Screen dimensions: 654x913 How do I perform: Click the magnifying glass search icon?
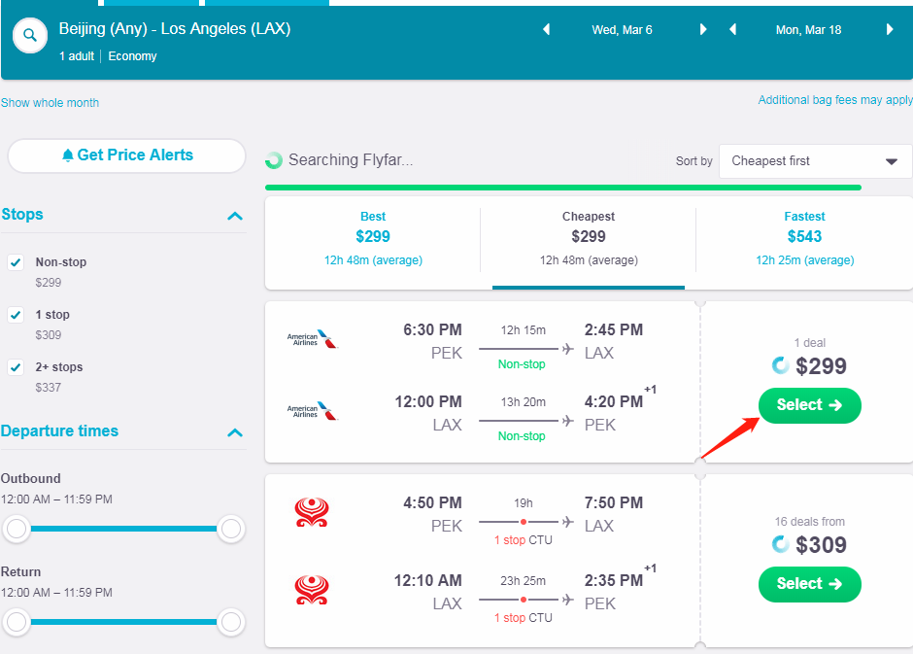click(30, 36)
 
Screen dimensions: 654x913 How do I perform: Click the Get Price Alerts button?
click(126, 155)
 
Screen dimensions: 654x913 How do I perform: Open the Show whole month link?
click(50, 103)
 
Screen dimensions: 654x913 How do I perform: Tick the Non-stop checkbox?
click(16, 262)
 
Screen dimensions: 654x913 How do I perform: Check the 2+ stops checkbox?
click(16, 367)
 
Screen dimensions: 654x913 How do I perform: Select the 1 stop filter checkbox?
click(16, 315)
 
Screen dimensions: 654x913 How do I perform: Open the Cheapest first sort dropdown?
click(815, 161)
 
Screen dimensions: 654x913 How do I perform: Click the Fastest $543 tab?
click(804, 237)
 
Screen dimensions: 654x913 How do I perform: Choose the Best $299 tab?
click(373, 237)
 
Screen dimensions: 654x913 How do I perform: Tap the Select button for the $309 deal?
click(809, 584)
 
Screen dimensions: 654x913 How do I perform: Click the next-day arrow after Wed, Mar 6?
click(703, 30)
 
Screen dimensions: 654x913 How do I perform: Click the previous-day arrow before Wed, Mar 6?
click(546, 30)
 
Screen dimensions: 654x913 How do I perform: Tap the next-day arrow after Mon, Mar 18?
click(890, 30)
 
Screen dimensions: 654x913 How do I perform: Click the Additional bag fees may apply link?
click(835, 100)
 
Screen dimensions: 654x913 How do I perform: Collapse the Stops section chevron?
click(234, 216)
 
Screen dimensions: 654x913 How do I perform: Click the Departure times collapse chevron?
click(234, 432)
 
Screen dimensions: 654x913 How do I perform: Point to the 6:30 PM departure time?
click(432, 330)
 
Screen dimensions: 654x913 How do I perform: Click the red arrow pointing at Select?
click(727, 435)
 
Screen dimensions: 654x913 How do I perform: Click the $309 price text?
click(821, 545)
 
